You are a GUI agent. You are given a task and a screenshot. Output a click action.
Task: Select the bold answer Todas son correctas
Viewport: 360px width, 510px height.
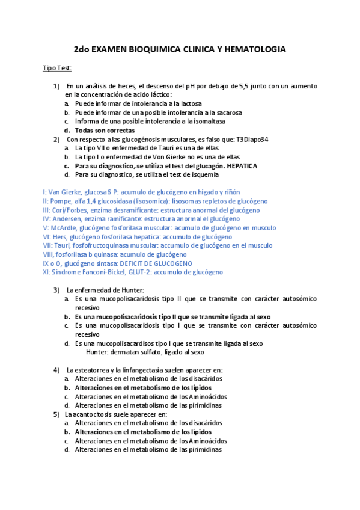coord(105,130)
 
